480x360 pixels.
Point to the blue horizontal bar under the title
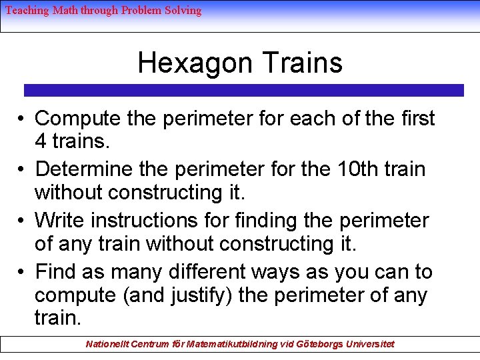click(x=243, y=90)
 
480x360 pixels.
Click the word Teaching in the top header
click(x=27, y=11)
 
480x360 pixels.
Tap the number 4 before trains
click(x=41, y=142)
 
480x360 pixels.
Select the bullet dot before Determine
click(x=22, y=170)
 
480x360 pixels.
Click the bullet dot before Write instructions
click(x=22, y=220)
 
